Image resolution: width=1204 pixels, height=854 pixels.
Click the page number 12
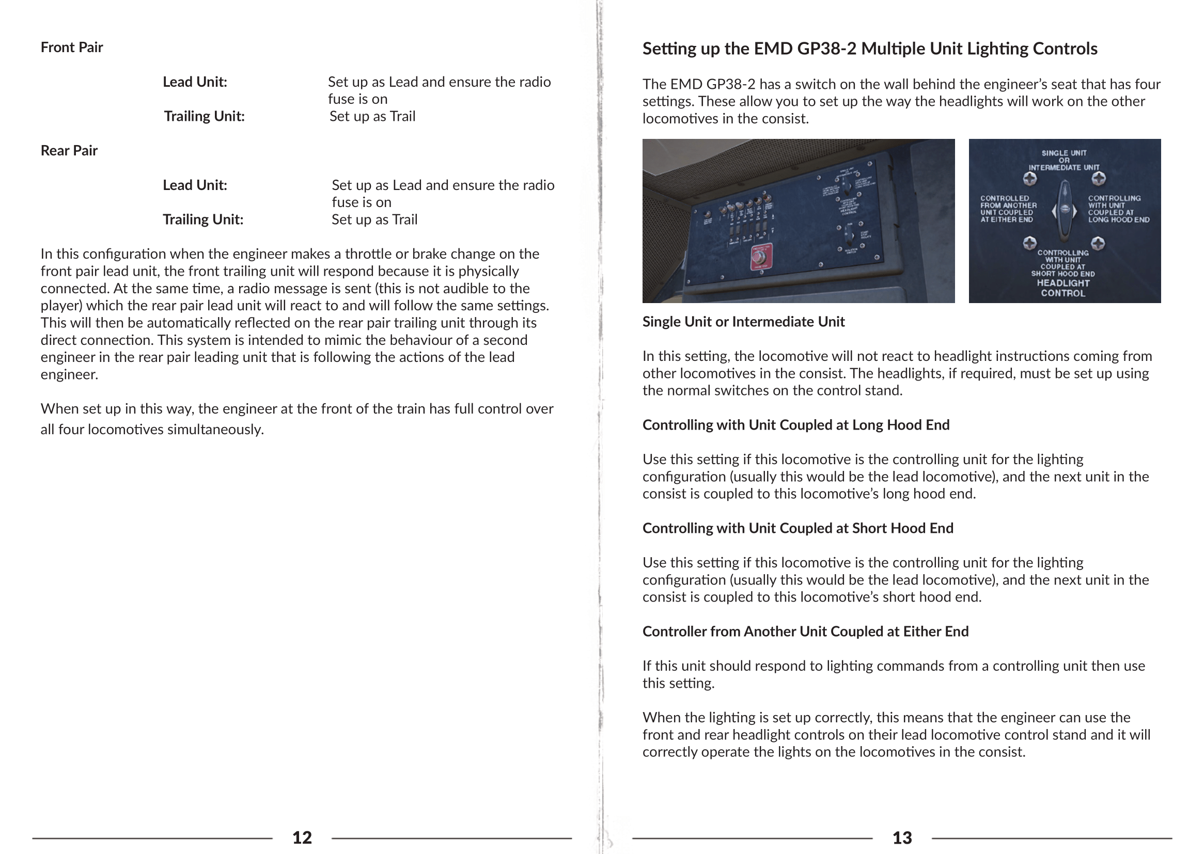click(302, 837)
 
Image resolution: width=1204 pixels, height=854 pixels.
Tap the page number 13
click(902, 837)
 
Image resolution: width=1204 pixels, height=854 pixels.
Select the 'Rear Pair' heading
click(69, 150)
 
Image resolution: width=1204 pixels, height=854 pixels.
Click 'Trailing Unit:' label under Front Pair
click(204, 116)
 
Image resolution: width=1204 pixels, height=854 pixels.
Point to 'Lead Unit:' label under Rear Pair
click(195, 185)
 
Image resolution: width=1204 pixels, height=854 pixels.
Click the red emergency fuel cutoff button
click(758, 257)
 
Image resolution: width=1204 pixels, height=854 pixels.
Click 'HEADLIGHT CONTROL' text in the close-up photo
click(1063, 288)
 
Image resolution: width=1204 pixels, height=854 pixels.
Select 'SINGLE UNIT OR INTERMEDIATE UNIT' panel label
click(1064, 161)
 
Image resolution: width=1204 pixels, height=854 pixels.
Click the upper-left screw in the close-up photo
click(1029, 179)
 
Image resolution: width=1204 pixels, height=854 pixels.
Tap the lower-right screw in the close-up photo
click(1098, 243)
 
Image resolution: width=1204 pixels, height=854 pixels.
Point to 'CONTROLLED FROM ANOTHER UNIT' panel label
click(1008, 209)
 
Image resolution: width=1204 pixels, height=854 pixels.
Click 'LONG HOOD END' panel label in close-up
click(1119, 220)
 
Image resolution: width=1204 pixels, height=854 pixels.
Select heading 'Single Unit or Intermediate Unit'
click(743, 322)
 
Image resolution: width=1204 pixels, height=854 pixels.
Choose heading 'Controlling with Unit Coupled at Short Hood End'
click(798, 529)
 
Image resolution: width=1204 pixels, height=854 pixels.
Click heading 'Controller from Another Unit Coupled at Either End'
click(805, 631)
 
